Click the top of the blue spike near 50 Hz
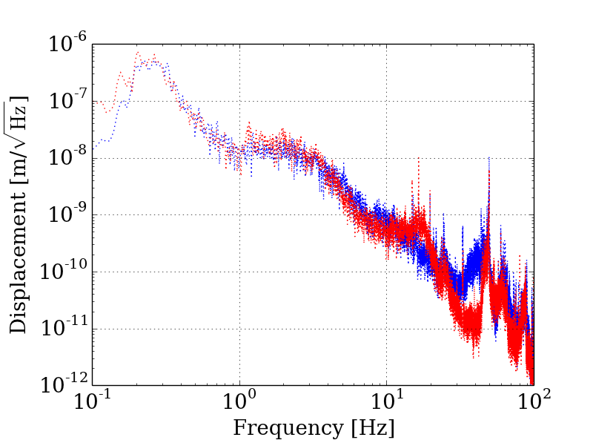(x=489, y=157)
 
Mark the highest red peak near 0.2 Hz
(x=138, y=52)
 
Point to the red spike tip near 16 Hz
(x=418, y=157)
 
